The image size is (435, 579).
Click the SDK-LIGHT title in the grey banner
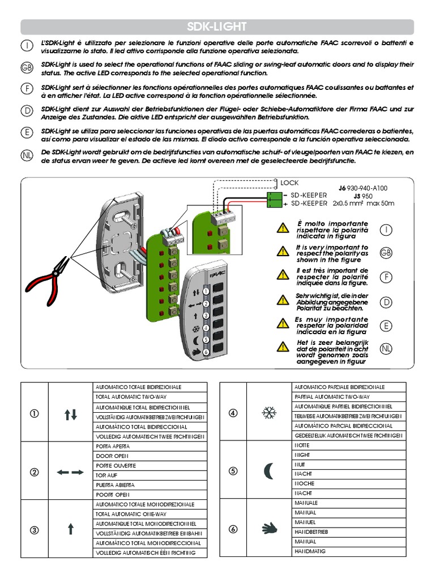217,27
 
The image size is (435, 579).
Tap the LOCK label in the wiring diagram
289,183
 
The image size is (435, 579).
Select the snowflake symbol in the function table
268,413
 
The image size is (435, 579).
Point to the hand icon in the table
268,529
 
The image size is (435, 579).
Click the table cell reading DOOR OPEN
113,456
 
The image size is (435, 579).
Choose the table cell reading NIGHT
302,455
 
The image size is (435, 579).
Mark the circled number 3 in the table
35,530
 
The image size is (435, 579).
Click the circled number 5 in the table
233,472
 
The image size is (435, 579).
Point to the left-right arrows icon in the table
70,472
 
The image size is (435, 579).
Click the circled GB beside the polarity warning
386,253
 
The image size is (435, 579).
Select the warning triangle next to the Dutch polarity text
282,347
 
